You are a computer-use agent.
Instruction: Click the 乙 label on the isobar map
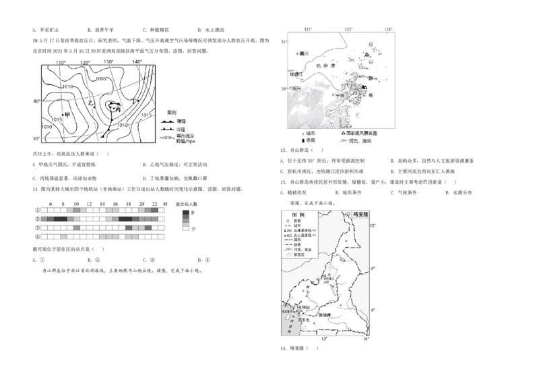[x=91, y=102]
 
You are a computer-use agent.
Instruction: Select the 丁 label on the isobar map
[x=135, y=101]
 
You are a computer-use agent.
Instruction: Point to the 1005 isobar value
[x=101, y=79]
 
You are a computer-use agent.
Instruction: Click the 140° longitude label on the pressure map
[x=137, y=62]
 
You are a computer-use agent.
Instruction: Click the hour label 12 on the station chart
[x=90, y=203]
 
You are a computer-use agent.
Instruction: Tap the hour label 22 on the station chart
[x=155, y=203]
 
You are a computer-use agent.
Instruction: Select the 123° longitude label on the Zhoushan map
[x=388, y=29]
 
